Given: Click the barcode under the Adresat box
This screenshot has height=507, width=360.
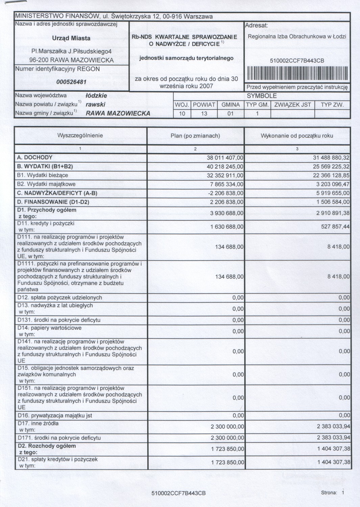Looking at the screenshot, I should coord(297,73).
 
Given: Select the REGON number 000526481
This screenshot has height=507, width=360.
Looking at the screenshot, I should coord(71,82).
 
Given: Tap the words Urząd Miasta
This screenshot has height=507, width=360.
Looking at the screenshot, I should coord(71,38).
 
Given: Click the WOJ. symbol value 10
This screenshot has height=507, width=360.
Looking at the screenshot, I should coord(182,114).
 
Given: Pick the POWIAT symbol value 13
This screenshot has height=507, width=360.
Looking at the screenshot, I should coord(204,114).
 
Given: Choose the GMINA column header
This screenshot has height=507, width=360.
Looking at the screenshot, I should coord(231,105).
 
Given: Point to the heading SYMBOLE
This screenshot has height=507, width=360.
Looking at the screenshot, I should coord(262,96).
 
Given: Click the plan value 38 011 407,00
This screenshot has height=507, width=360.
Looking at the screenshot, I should coord(225,158).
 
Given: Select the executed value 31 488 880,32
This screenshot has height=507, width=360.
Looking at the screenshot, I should coord(331,158).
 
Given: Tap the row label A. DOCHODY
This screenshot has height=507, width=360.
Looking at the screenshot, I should coord(35,158).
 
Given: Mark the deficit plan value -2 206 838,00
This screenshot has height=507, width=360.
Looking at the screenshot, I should coord(225,193).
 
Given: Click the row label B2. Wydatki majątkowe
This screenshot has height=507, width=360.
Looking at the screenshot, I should coord(46,184).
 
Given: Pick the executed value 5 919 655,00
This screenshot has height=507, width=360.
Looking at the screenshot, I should coord(333,193).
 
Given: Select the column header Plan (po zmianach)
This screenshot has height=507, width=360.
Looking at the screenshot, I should coord(195,136).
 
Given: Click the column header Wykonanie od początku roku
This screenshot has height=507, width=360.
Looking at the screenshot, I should coord(297,136).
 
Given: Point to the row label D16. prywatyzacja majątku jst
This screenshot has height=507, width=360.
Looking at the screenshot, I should coord(55,415).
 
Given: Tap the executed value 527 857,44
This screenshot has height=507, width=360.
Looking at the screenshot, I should coord(335,226).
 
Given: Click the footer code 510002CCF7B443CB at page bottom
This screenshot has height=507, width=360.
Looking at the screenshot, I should coord(178,493).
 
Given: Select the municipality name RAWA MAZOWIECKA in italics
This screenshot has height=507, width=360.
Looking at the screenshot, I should coord(118,114).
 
